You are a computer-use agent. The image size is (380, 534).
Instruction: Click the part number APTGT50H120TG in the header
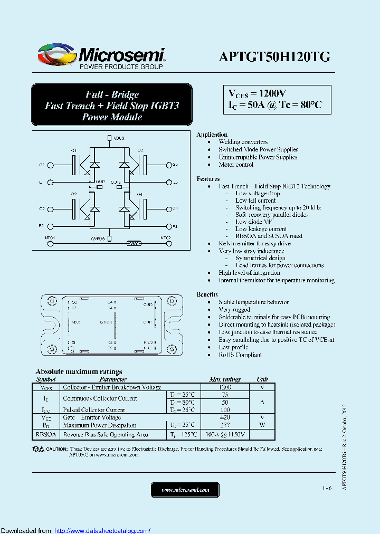(x=274, y=58)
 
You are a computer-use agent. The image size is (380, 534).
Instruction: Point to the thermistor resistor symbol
(x=134, y=243)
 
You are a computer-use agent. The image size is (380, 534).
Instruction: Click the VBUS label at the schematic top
(x=119, y=138)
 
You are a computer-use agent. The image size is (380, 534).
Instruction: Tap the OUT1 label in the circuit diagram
(x=100, y=182)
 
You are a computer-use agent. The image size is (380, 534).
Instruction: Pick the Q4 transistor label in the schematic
(x=140, y=195)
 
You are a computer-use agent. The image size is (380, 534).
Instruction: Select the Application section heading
(x=212, y=135)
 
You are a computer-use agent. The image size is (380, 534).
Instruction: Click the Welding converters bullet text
(x=243, y=142)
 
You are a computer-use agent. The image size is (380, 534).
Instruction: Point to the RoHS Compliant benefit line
(x=240, y=355)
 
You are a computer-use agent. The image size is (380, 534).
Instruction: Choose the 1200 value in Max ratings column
(x=224, y=387)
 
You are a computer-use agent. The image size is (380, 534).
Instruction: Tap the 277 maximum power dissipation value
(x=224, y=425)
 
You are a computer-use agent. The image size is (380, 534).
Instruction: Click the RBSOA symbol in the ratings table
(x=46, y=435)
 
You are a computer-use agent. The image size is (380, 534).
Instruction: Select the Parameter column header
(x=113, y=379)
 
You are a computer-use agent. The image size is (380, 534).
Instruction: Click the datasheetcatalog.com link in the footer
(x=102, y=530)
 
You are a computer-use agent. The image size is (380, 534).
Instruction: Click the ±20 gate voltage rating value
(x=224, y=417)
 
